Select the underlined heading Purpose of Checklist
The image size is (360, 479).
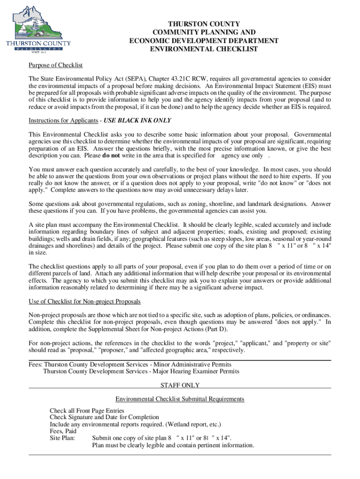click(x=56, y=65)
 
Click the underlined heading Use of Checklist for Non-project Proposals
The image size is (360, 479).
click(x=85, y=301)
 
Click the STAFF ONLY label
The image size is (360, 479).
click(x=180, y=385)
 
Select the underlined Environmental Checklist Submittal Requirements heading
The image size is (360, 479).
click(x=180, y=399)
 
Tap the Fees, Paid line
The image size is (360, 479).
click(x=63, y=431)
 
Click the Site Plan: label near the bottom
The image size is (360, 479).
click(x=63, y=438)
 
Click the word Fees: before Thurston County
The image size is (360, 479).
click(x=36, y=364)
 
